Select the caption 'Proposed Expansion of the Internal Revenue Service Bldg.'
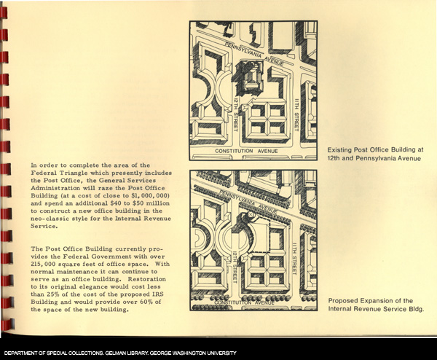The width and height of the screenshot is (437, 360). [375, 305]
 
